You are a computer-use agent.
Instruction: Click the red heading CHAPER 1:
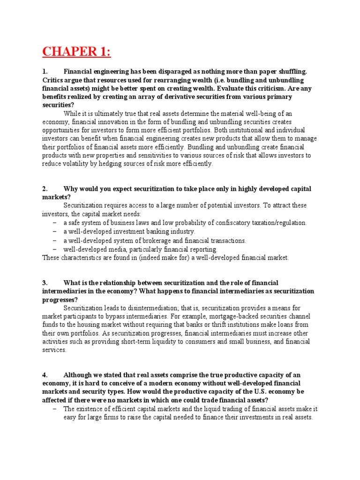point(77,50)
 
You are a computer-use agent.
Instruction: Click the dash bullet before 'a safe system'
point(55,223)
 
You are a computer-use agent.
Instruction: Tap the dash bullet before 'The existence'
point(55,409)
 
